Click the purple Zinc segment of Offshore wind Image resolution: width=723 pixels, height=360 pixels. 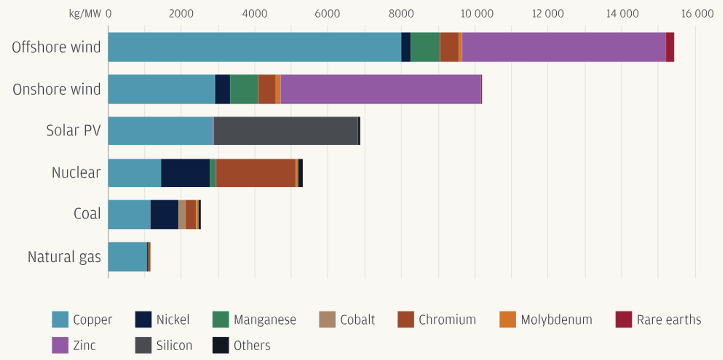[564, 47]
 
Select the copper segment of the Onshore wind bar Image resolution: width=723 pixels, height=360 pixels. [161, 89]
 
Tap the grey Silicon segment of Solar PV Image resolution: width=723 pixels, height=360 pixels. [286, 131]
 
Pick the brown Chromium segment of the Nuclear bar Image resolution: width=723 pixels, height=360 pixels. [256, 173]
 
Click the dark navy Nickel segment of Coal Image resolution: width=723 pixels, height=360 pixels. [165, 215]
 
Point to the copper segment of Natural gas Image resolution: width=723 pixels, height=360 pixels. [128, 257]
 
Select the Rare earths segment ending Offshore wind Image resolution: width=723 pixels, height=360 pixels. [670, 47]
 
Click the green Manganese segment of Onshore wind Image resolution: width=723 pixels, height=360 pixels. [244, 89]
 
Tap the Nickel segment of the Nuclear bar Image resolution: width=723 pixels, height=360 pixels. [185, 173]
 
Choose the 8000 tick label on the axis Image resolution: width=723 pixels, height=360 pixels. [401, 14]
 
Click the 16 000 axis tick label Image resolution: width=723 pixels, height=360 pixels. [697, 14]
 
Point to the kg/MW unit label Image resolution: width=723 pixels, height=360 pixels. [85, 14]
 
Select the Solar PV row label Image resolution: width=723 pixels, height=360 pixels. [73, 130]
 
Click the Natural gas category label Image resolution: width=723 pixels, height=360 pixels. [64, 257]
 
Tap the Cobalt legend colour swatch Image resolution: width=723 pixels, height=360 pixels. [327, 320]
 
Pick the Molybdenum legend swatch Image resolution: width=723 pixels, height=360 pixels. [508, 320]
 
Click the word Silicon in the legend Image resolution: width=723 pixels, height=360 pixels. [174, 346]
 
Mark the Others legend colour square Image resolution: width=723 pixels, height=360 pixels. [221, 346]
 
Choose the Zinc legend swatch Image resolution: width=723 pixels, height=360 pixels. [60, 346]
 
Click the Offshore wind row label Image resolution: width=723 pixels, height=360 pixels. [56, 47]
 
